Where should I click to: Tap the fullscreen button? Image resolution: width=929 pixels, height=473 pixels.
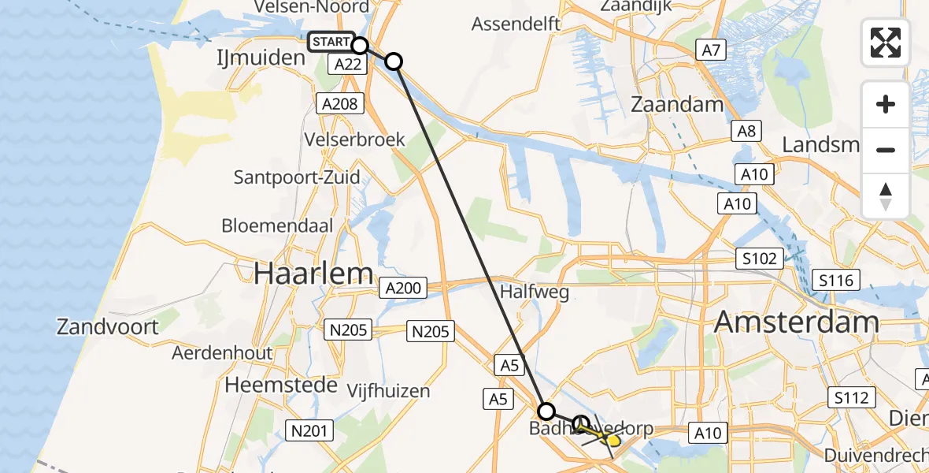(886, 43)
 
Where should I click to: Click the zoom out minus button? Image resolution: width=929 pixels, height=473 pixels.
(886, 150)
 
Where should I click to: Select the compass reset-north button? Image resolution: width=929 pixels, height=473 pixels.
(886, 196)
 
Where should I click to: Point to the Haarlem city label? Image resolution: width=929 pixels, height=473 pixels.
(313, 274)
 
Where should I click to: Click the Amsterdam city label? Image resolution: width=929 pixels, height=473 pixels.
(796, 322)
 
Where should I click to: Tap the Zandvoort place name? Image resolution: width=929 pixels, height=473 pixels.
(107, 326)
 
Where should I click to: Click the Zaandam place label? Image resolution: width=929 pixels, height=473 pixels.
(677, 105)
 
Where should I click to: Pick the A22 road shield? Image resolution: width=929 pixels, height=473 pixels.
(347, 65)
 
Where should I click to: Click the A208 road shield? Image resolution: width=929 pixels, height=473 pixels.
(339, 103)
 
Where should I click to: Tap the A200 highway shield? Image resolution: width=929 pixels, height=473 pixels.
(403, 289)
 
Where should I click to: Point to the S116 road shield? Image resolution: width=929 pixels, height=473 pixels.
(838, 279)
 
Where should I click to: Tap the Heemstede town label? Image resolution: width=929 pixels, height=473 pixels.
(281, 385)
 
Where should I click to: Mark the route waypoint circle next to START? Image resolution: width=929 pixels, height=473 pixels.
(360, 46)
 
